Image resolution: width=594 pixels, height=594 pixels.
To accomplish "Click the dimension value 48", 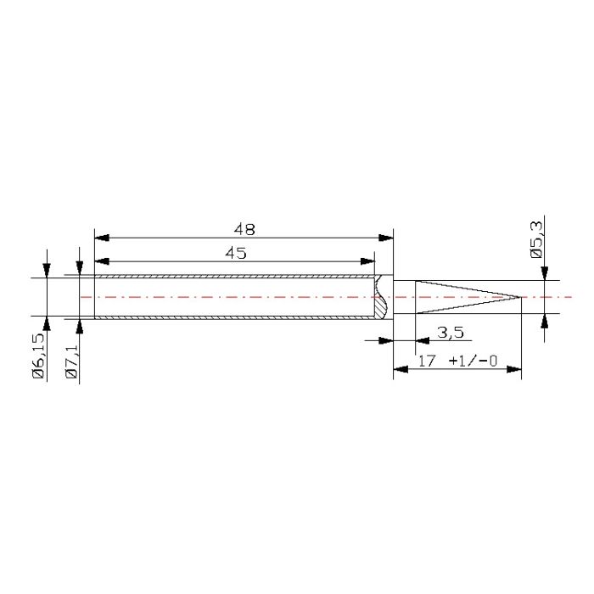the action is coord(244,229).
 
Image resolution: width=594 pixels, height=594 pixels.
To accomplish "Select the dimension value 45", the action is coord(236,253).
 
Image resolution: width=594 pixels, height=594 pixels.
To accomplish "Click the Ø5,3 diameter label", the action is coord(537,240).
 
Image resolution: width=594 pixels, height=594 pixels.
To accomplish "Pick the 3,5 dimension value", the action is coord(451,333).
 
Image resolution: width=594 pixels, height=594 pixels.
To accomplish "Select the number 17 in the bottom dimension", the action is coord(427,361).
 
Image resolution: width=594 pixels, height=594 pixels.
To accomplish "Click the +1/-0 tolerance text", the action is coord(473,361).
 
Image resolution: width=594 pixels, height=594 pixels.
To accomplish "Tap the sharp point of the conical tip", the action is coord(521,297).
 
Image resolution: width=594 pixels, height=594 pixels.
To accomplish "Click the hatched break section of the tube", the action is coord(380,297).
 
